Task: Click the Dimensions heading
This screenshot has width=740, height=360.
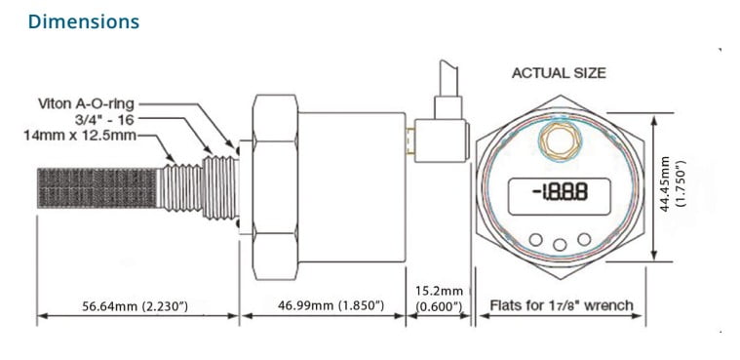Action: click(84, 21)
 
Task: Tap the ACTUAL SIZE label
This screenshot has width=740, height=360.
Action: click(559, 73)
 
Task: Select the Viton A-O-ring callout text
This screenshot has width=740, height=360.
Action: click(87, 103)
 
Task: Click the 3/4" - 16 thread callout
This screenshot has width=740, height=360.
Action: click(104, 119)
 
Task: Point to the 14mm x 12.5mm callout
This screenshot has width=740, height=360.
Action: click(80, 136)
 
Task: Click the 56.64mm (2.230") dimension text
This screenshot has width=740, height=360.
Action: click(135, 306)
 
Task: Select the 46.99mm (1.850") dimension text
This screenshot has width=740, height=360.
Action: click(331, 305)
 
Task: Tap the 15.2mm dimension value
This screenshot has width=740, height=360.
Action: click(439, 291)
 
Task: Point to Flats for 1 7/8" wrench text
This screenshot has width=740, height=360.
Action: click(562, 305)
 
